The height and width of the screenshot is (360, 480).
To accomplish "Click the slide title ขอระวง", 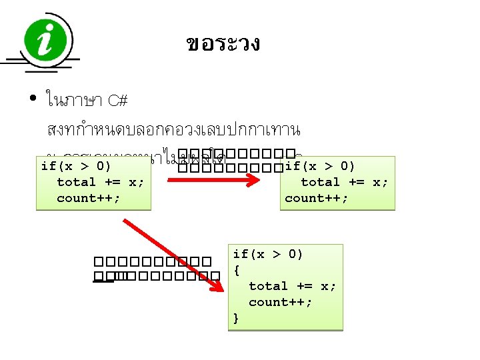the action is click(223, 45).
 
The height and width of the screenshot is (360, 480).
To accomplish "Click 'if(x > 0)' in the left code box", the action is click(75, 166).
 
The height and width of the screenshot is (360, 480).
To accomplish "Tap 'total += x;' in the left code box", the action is click(100, 182).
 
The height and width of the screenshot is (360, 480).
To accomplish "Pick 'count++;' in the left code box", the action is click(89, 198).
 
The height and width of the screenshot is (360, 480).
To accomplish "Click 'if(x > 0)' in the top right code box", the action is click(319, 166).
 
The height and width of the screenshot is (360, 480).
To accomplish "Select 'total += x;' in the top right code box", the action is click(344, 182).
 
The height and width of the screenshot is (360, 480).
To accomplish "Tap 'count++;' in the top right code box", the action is click(316, 198).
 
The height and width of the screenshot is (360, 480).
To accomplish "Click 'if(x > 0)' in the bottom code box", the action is click(268, 254).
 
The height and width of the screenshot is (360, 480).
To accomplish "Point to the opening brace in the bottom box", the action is click(237, 270).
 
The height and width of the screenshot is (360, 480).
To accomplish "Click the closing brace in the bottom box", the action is click(237, 318).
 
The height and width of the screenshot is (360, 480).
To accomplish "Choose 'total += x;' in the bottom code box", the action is click(292, 286).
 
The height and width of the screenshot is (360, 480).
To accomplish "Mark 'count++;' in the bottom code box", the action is click(280, 302).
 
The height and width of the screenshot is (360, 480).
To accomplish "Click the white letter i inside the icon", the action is click(47, 41).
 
